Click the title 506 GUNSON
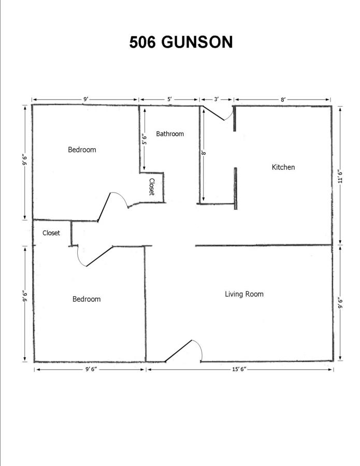(181, 42)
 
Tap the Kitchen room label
(283, 167)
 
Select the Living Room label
(244, 294)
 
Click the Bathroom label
(170, 134)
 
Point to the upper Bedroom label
(82, 150)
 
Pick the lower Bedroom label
(87, 299)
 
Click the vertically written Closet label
(152, 186)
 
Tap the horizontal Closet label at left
(51, 232)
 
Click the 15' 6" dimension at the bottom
(240, 369)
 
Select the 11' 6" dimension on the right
(341, 176)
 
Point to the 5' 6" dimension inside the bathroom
(144, 139)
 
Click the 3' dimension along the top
(217, 99)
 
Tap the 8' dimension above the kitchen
(283, 99)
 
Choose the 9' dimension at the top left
(85, 99)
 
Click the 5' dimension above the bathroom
(169, 99)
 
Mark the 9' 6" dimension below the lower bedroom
(91, 369)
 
